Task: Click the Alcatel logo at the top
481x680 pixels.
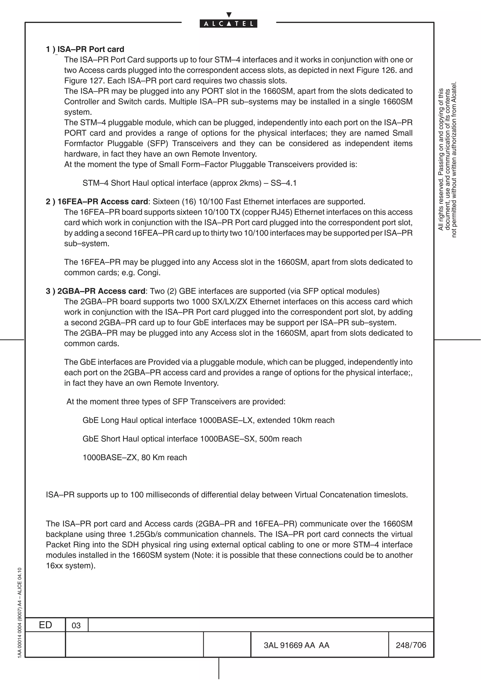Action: [229, 23]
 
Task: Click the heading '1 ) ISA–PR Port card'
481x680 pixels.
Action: [85, 49]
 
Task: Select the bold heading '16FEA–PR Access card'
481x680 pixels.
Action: [103, 202]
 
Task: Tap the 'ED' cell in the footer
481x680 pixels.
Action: [45, 625]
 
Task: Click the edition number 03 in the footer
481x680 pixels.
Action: [76, 626]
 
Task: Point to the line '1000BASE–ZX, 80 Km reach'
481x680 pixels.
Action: [135, 458]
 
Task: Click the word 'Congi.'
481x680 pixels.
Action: [149, 272]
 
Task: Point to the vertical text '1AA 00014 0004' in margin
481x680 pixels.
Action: [19, 643]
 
